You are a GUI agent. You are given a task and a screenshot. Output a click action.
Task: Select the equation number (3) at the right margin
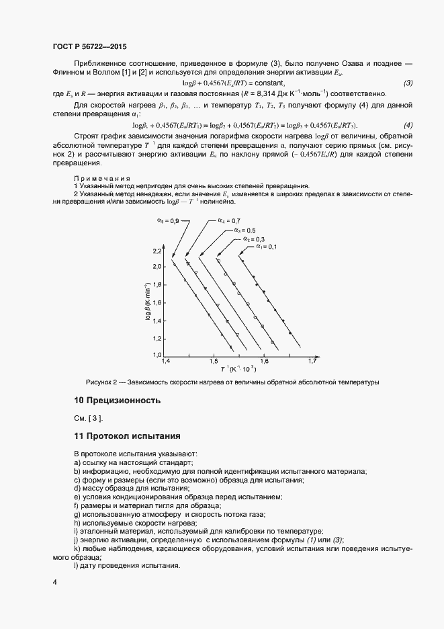(408, 83)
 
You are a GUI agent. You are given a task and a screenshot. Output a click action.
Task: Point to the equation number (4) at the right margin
(408, 126)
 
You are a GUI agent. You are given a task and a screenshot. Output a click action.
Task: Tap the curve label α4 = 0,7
(228, 220)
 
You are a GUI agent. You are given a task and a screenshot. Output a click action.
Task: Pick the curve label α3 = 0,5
(245, 230)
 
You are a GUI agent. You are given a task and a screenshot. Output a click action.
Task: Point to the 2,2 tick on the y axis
(158, 251)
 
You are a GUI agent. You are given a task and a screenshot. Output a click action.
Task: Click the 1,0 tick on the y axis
(158, 354)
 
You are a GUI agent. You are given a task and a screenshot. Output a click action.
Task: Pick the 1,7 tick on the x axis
(312, 362)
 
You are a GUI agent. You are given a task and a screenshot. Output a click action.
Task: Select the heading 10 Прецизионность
(117, 401)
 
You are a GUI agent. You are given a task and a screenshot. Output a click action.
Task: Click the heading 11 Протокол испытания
(127, 436)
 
